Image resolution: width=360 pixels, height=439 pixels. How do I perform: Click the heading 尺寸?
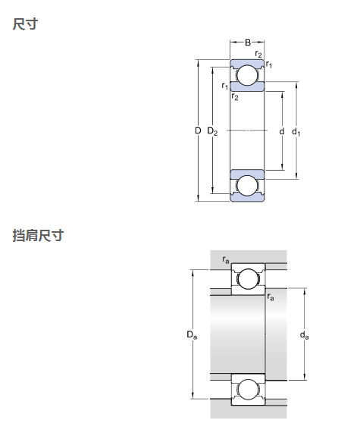tap(25, 24)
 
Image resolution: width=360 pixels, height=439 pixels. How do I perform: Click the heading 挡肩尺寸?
tap(38, 235)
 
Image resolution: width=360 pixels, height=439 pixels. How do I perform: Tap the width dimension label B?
tap(248, 42)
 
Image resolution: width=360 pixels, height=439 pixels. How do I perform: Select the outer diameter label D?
tap(198, 130)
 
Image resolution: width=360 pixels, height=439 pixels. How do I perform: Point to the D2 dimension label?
tap(212, 131)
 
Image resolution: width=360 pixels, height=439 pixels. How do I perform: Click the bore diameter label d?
tap(282, 131)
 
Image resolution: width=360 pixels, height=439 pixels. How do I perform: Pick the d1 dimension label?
tap(296, 132)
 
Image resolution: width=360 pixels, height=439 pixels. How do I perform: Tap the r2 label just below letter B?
tap(258, 54)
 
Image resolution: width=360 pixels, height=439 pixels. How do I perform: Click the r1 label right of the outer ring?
tap(269, 64)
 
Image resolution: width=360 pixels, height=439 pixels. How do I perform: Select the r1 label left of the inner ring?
tap(224, 86)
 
